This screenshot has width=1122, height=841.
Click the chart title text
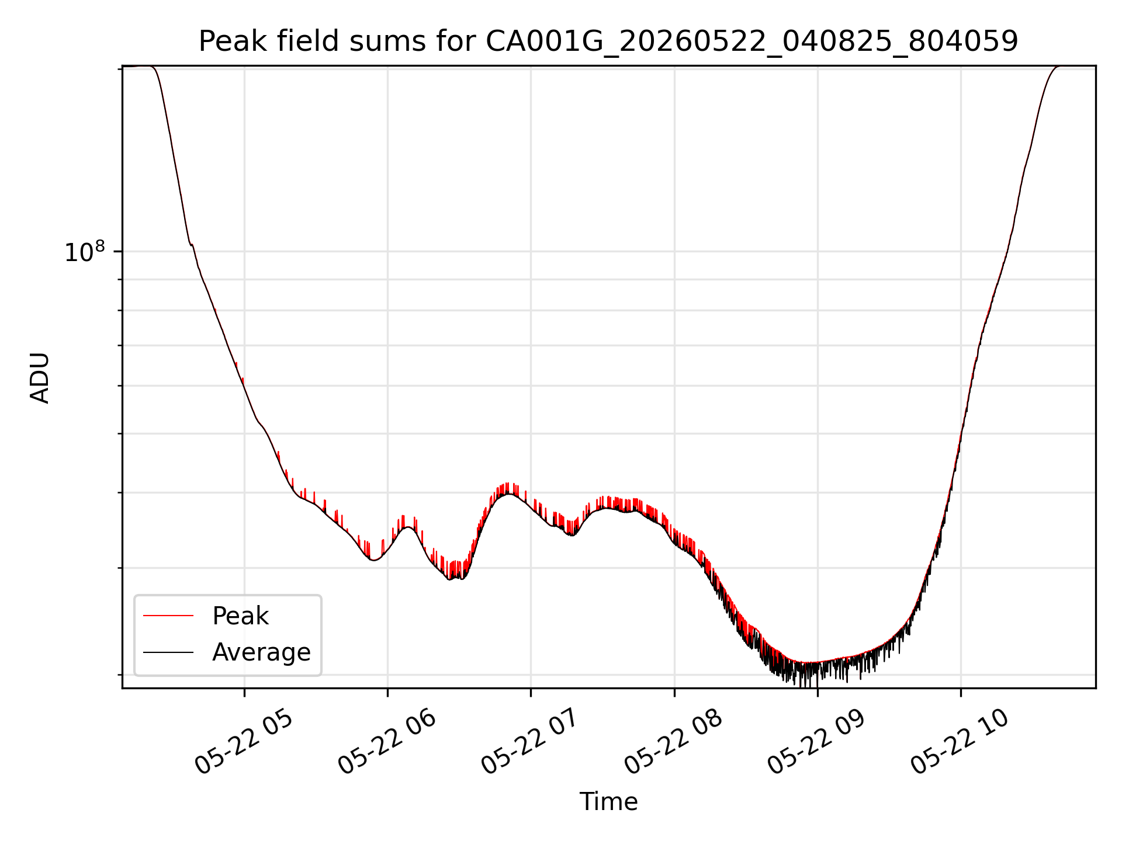point(608,41)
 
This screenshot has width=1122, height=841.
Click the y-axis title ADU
point(40,378)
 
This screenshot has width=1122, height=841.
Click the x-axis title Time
point(608,801)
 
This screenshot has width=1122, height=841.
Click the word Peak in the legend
point(240,616)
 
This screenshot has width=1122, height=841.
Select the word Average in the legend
point(261,652)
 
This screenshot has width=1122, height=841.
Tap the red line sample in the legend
point(168,616)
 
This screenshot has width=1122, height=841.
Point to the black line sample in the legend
point(168,652)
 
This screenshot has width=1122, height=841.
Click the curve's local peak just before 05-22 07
point(510,494)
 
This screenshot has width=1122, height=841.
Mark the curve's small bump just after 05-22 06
point(408,527)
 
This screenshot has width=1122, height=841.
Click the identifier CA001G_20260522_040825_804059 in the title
point(752,42)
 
